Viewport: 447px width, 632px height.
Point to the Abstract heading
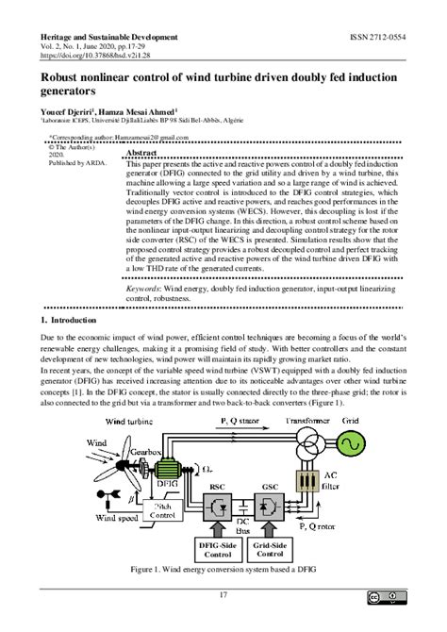tap(141, 152)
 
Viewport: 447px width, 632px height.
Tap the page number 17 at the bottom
tap(223, 594)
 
